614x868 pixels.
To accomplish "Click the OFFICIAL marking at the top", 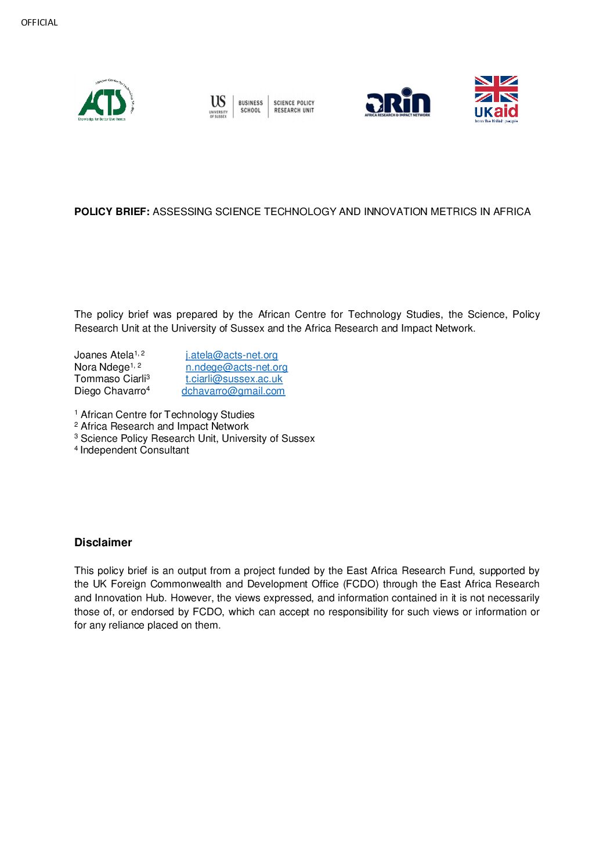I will (x=39, y=23).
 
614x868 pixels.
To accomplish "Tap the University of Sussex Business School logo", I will (x=262, y=106).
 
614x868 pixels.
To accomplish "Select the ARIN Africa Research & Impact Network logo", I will (x=398, y=103).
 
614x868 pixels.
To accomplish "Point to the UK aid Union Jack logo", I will (x=496, y=99).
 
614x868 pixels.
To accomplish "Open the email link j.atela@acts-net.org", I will (x=232, y=355).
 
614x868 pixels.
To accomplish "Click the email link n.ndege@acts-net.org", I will (x=236, y=367).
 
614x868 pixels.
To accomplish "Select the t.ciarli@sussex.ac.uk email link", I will (x=234, y=379).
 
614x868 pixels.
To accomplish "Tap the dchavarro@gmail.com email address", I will (x=233, y=391).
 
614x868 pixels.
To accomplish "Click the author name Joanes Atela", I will (x=104, y=355).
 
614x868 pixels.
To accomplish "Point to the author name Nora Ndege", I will (x=102, y=367).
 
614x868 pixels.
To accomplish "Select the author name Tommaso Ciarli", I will (x=110, y=379).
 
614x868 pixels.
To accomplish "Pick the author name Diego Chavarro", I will (x=110, y=391).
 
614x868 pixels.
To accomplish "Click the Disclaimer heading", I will (x=103, y=542).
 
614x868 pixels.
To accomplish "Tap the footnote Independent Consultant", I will (x=135, y=450).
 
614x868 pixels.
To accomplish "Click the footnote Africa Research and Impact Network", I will (x=164, y=426).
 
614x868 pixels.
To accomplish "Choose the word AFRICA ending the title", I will (x=512, y=212).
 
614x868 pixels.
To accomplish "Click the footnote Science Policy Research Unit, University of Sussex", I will (x=197, y=438).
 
